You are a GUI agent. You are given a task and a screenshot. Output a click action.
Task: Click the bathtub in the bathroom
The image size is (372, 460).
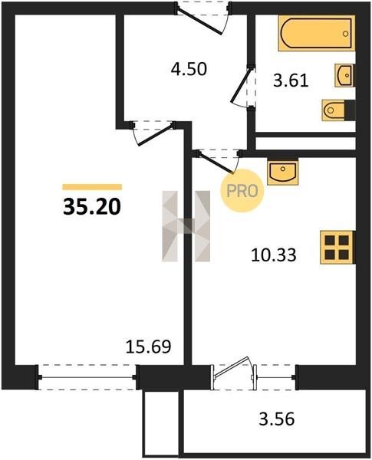[x=317, y=33]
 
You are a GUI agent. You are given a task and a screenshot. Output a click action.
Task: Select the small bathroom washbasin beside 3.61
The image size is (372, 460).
[x=344, y=75]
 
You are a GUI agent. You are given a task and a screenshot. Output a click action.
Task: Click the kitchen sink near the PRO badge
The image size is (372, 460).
[x=283, y=172]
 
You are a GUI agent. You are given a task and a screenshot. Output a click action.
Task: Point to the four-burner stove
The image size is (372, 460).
[x=337, y=247]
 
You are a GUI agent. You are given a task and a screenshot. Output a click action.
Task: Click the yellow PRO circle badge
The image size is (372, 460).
[x=242, y=191]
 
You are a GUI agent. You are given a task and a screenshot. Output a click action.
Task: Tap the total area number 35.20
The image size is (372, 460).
[x=92, y=206]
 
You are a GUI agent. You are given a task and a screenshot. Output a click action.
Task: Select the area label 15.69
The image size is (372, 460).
[x=148, y=347]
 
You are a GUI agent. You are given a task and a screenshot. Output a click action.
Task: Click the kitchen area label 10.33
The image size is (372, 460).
[x=274, y=255]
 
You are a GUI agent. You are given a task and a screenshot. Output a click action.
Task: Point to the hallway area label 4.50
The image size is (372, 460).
[x=189, y=70]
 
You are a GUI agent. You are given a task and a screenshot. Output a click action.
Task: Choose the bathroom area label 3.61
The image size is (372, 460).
[x=291, y=80]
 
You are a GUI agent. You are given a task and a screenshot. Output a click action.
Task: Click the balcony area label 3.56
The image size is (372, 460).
[x=277, y=419]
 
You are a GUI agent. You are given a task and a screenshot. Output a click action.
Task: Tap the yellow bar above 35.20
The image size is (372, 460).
[x=92, y=187]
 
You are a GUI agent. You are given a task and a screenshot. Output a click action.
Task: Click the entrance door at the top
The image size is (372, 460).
[x=202, y=18]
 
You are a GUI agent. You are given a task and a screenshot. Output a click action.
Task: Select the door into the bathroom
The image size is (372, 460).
[x=243, y=87]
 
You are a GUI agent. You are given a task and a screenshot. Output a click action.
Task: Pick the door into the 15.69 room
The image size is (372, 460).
[x=153, y=133]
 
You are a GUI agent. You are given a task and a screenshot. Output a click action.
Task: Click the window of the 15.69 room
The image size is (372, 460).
[x=87, y=377]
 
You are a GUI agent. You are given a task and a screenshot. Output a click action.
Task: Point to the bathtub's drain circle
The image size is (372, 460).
[x=346, y=34]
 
